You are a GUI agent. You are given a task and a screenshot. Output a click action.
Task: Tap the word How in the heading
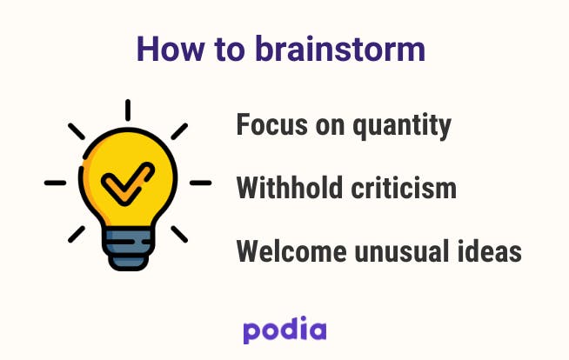171,49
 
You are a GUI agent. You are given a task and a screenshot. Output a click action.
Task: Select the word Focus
272,124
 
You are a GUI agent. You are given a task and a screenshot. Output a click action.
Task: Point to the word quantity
402,127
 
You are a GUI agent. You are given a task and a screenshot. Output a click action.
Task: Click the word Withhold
290,188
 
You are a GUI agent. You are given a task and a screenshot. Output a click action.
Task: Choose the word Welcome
291,251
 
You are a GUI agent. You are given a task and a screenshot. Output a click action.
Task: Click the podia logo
284,330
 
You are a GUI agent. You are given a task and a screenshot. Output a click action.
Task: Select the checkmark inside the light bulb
127,183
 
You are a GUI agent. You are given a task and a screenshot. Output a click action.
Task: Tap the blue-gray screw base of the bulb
127,249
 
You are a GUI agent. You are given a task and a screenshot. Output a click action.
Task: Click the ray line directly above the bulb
128,110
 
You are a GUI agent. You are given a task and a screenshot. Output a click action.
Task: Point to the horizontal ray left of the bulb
55,183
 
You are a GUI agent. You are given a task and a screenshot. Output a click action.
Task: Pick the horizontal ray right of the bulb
201,183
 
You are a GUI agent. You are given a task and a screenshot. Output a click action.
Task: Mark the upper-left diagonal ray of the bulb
77,131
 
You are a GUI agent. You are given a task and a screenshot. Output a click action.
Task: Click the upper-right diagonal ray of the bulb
179,131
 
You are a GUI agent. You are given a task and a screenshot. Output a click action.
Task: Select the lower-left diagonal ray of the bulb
77,234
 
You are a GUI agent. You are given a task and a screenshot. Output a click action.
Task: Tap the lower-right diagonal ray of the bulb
179,234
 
